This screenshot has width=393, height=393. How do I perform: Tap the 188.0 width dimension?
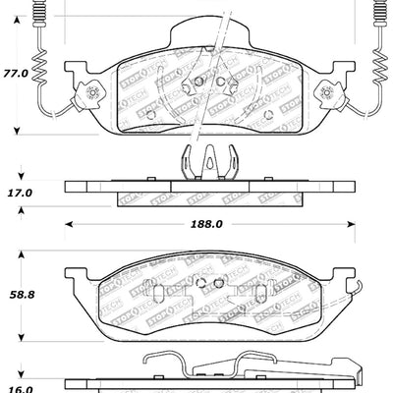tap(204, 224)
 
